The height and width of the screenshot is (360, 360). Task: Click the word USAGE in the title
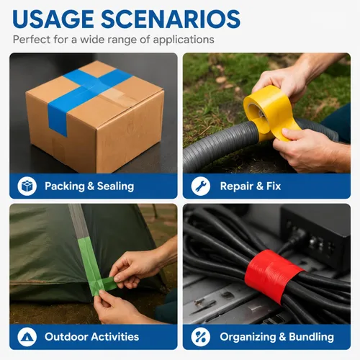coord(53,19)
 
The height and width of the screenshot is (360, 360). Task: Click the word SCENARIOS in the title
coord(171,19)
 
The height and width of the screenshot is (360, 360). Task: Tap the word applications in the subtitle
coord(184,40)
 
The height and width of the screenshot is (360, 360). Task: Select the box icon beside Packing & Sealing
coord(27,186)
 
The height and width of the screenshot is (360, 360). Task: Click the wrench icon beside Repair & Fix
coord(201,186)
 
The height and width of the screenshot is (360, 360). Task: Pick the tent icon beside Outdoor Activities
coord(27,337)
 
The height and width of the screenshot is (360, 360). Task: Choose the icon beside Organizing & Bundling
coord(201,337)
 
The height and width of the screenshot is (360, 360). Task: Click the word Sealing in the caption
coord(115,186)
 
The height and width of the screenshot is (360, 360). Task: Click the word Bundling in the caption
coord(311,337)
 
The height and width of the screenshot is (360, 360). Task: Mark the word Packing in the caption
coord(65,186)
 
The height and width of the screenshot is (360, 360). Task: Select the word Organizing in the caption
coord(248,337)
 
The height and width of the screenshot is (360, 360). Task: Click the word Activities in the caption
coord(115,337)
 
